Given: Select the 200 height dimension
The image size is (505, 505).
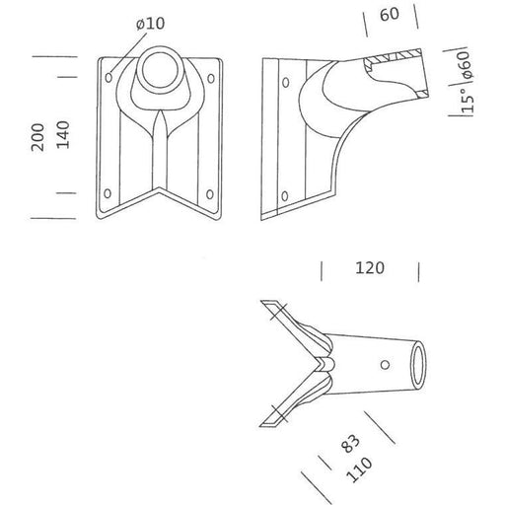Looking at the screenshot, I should (38, 136).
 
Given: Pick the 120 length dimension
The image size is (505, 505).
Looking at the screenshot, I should (370, 267).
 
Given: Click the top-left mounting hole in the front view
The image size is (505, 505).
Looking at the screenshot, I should (108, 73).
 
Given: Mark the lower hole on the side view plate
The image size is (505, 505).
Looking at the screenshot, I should (286, 194).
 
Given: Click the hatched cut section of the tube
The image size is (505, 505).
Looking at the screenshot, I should (395, 65).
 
